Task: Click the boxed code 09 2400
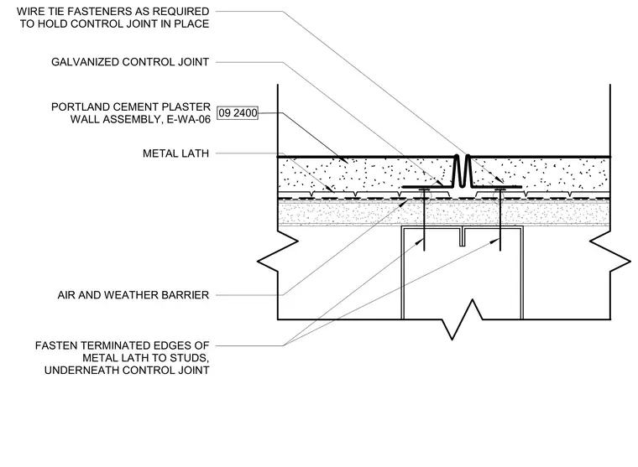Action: (238, 112)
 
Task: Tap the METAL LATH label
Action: (175, 153)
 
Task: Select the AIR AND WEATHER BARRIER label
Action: (133, 294)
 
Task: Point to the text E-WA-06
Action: (188, 119)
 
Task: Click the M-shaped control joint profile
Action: (462, 172)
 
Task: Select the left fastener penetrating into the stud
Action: (424, 220)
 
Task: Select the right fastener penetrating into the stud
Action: (500, 220)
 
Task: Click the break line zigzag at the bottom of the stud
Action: (463, 319)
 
